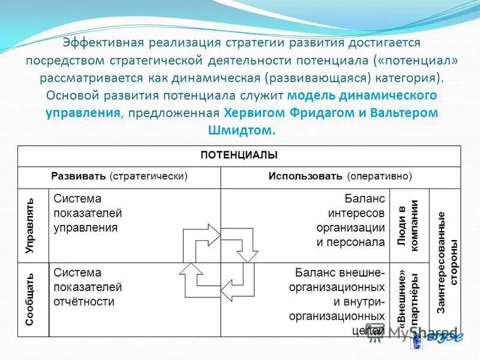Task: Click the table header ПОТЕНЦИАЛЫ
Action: (x=239, y=155)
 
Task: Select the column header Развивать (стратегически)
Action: (x=119, y=176)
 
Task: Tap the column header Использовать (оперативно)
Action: (x=340, y=176)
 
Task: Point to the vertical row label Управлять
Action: (x=30, y=226)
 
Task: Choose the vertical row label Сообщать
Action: (x=30, y=299)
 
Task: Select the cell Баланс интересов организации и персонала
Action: (x=350, y=220)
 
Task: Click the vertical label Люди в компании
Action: (x=407, y=226)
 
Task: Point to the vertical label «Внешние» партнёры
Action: (x=407, y=299)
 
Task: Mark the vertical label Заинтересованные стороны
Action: (x=447, y=262)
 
